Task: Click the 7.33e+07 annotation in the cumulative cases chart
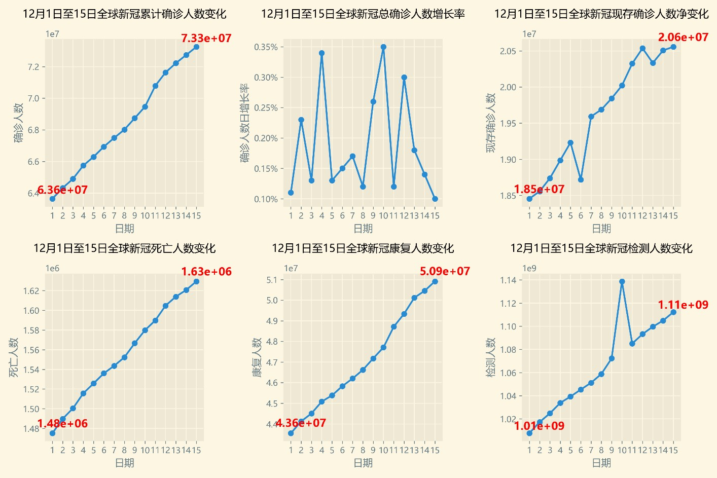[x=206, y=39]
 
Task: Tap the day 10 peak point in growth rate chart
[x=383, y=47]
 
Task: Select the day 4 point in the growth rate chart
[x=321, y=53]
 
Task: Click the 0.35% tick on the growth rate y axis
[x=266, y=47]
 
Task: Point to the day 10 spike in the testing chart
[x=622, y=282]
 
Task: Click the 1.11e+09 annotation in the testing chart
[x=683, y=305]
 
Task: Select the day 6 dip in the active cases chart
[x=581, y=180]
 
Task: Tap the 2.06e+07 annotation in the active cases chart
[x=683, y=38]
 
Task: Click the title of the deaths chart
[x=124, y=248]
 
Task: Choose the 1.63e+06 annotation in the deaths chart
[x=206, y=272]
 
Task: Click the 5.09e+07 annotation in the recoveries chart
[x=445, y=272]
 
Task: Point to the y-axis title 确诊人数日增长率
[x=245, y=123]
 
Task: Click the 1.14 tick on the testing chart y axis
[x=508, y=280]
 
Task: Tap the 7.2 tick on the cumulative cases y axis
[x=33, y=67]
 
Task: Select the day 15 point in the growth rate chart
[x=435, y=199]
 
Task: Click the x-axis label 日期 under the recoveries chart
[x=363, y=463]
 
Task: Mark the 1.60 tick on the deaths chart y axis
[x=30, y=311]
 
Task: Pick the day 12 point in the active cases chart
[x=642, y=49]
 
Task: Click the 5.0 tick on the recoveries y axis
[x=272, y=301]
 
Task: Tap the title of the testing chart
[x=601, y=248]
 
